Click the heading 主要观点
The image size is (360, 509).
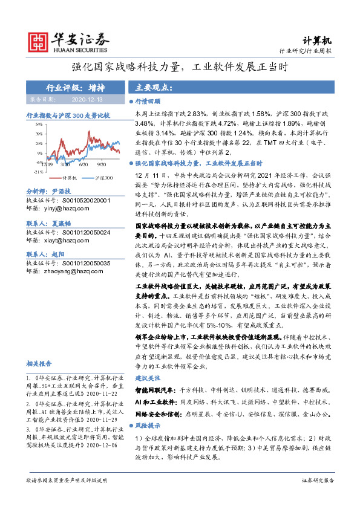coord(154,87)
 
